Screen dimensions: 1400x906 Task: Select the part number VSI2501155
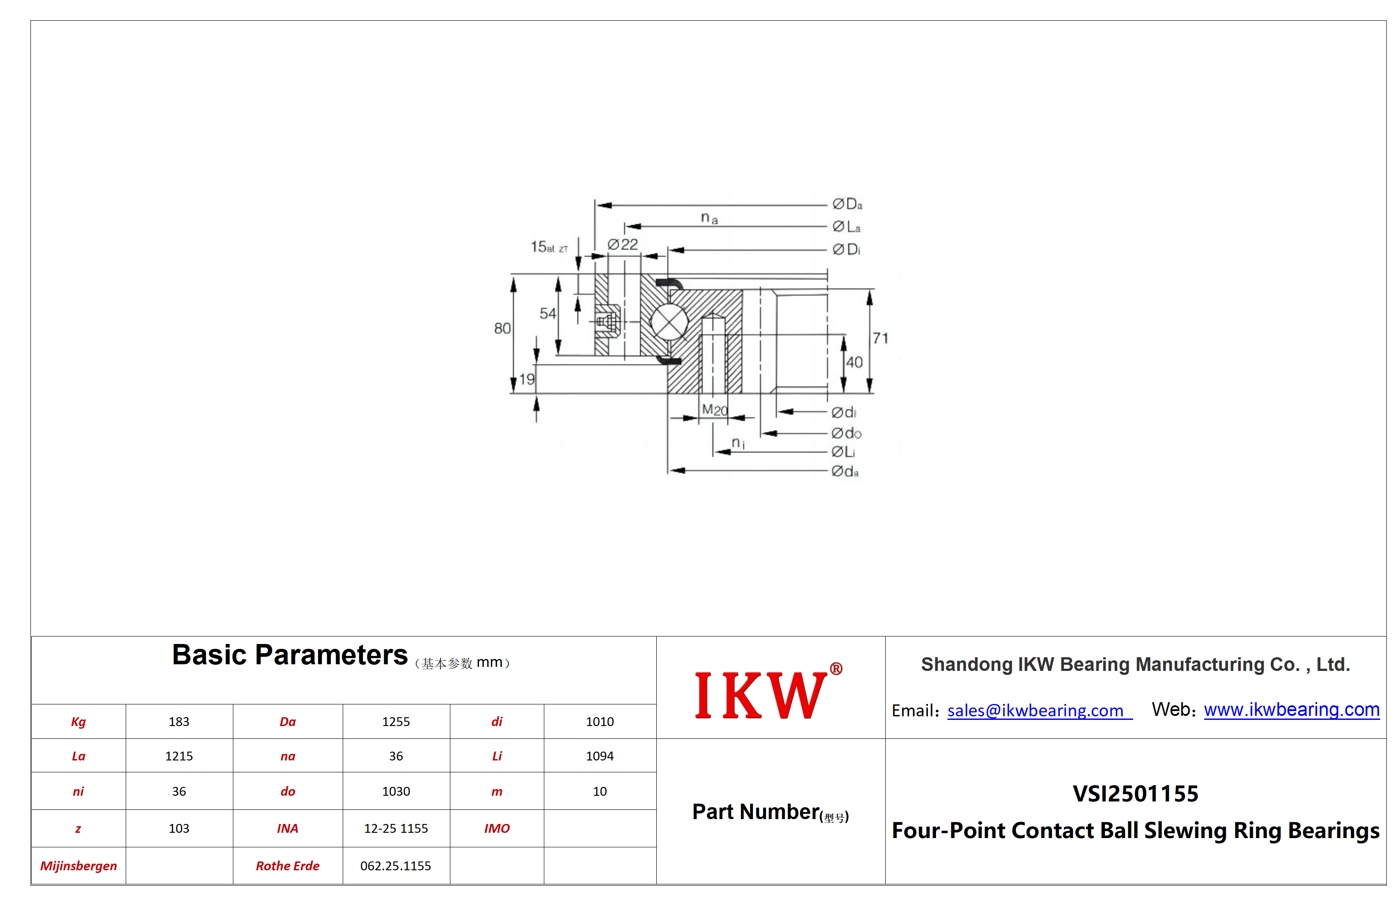tap(1135, 794)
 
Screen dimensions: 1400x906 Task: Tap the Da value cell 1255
tap(396, 722)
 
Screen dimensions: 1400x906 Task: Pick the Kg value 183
tap(179, 722)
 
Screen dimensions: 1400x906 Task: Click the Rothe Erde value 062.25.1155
tap(396, 866)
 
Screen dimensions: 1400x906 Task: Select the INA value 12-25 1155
tap(396, 828)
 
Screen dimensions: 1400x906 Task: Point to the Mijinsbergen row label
tap(78, 866)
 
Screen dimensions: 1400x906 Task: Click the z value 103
tap(179, 828)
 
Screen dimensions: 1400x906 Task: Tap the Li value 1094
tap(599, 756)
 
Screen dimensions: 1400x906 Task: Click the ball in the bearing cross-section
tap(669, 322)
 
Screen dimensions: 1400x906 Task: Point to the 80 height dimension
tap(502, 328)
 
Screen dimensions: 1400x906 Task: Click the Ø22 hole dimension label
tap(623, 244)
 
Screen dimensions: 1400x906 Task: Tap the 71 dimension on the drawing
tap(880, 338)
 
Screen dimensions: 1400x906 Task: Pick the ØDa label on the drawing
tap(847, 204)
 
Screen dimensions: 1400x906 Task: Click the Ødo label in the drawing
tap(846, 433)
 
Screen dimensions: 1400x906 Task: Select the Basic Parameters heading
tap(289, 655)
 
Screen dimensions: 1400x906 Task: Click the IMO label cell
tap(497, 828)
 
